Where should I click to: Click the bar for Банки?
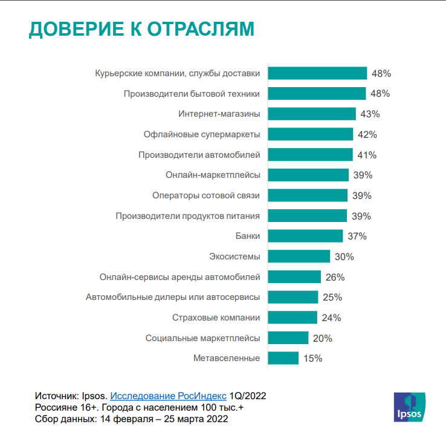tap(305, 236)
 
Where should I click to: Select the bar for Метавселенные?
tap(283, 358)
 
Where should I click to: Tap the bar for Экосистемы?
tap(299, 256)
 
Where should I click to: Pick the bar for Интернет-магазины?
tap(312, 114)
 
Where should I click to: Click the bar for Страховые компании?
tap(292, 318)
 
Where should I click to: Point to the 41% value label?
tap(367, 155)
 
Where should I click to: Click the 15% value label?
tap(312, 358)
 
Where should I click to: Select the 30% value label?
tap(344, 256)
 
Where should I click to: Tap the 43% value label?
tap(369, 114)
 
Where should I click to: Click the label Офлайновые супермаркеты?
tap(201, 134)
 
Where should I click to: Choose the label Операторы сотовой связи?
tap(205, 195)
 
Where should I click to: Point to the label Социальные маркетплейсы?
tap(202, 338)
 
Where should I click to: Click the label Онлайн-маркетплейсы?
tap(213, 175)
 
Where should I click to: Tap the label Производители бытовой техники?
tap(192, 94)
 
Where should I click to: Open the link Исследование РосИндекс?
tap(168, 396)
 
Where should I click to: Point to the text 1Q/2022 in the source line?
tap(248, 396)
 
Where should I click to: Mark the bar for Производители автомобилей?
tap(309, 155)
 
